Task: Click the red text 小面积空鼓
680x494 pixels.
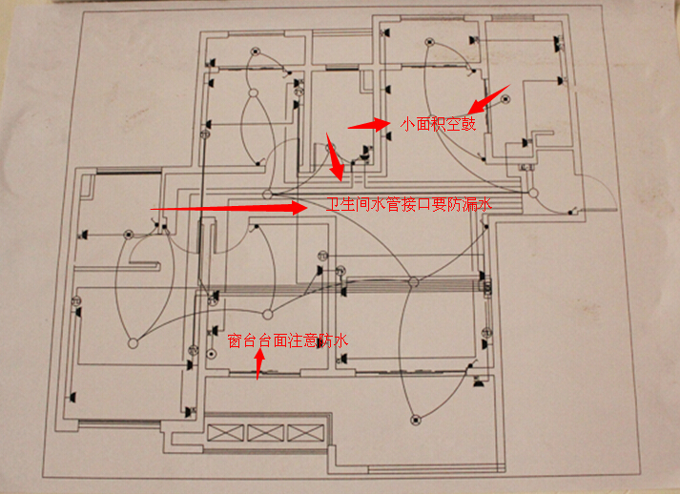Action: tap(438, 124)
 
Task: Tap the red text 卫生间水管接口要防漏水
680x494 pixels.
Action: tap(408, 203)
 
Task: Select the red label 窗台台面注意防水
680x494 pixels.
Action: tap(287, 340)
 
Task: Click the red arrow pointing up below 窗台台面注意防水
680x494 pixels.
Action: tap(258, 364)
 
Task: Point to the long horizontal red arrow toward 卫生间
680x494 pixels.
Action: tap(229, 208)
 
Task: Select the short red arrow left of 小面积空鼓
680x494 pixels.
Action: tap(369, 125)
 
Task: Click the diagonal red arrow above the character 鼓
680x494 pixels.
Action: tap(490, 98)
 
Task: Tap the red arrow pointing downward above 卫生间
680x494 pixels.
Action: tap(335, 157)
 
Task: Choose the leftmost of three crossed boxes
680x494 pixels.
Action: tap(225, 433)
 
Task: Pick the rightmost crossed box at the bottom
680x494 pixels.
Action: tap(306, 433)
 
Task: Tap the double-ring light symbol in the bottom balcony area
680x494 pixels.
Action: tap(416, 420)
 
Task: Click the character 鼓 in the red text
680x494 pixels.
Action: tap(469, 124)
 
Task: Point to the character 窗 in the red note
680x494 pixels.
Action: tap(235, 340)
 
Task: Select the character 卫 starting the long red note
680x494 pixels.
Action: tap(333, 203)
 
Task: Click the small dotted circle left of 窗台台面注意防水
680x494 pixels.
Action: tap(211, 355)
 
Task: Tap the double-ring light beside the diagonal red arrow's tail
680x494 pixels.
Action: tap(505, 99)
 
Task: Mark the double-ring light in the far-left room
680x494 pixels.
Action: tap(128, 235)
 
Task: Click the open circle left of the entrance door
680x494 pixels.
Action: tap(533, 193)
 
